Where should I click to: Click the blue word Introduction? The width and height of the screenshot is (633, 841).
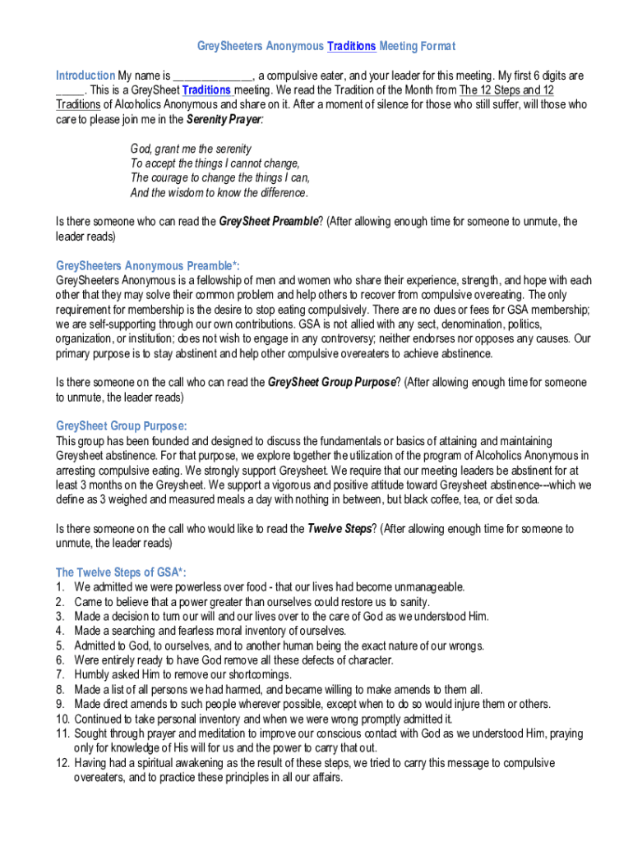coord(85,75)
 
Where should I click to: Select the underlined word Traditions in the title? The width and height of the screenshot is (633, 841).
coord(352,46)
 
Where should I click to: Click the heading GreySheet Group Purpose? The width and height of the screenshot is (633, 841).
coord(121,425)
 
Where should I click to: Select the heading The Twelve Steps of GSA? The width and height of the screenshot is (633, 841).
coord(126,572)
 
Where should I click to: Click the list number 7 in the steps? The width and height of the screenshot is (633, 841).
coord(60,674)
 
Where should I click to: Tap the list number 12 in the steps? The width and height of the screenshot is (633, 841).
coord(62,763)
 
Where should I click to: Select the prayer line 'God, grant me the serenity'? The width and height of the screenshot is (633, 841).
coord(191,149)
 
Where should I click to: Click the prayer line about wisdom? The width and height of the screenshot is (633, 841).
coord(219,193)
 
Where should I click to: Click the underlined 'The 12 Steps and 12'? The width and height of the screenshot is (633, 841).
coord(506,90)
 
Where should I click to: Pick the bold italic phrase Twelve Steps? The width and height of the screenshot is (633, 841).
coord(339,529)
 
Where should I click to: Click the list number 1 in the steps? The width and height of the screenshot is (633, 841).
coord(60,586)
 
